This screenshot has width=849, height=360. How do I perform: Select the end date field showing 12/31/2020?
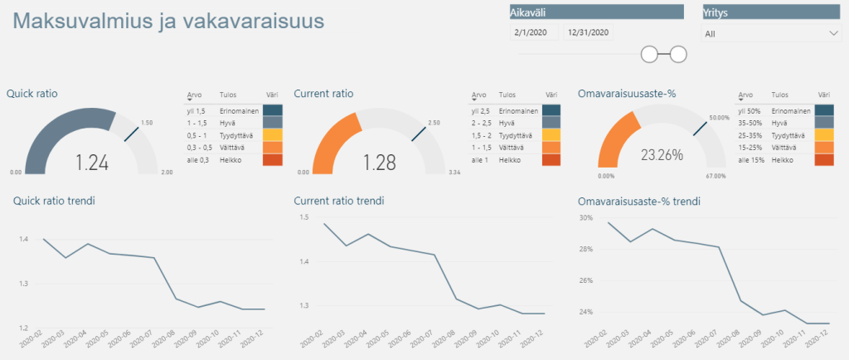tap(587, 33)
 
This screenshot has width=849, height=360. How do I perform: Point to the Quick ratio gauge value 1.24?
tap(92, 163)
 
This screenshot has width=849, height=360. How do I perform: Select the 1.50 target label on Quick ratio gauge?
tap(147, 122)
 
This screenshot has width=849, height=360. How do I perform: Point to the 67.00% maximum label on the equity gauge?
tap(716, 176)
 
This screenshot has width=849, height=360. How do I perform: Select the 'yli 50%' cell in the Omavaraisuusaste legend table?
tap(749, 110)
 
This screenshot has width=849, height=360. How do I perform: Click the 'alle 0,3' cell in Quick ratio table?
tap(196, 159)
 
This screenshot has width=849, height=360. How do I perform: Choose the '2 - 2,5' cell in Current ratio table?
tap(482, 122)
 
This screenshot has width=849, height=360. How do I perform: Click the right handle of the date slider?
tap(678, 55)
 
